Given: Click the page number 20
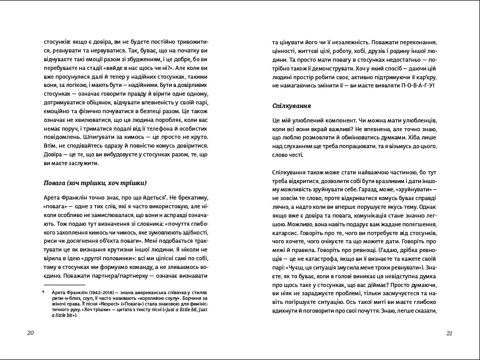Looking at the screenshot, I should tap(30, 333).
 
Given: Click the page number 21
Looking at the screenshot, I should tap(449, 333).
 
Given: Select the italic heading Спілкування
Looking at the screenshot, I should tap(292, 106).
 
